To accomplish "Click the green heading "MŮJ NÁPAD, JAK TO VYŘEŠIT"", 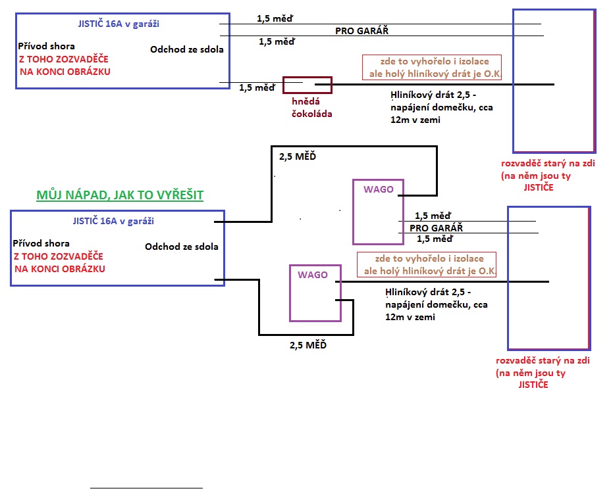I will pyautogui.click(x=119, y=195).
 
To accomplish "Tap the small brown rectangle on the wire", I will pyautogui.click(x=307, y=85).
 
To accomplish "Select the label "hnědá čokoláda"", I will pyautogui.click(x=312, y=108).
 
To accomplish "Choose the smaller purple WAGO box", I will pyautogui.click(x=315, y=293).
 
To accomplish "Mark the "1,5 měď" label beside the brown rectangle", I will pyautogui.click(x=257, y=87).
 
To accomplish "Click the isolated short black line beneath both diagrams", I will pyautogui.click(x=146, y=488).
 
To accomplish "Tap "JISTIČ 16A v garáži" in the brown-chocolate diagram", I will pyautogui.click(x=119, y=24).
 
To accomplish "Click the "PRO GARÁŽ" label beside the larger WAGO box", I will pyautogui.click(x=437, y=227).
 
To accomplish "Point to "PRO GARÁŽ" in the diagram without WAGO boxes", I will pyautogui.click(x=367, y=30).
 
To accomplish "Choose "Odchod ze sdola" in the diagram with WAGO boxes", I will pyautogui.click(x=181, y=247).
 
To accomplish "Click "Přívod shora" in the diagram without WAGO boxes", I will pyautogui.click(x=46, y=46).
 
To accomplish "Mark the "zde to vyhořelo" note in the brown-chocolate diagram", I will pyautogui.click(x=432, y=67).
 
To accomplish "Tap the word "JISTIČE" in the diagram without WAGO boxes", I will pyautogui.click(x=538, y=187).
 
